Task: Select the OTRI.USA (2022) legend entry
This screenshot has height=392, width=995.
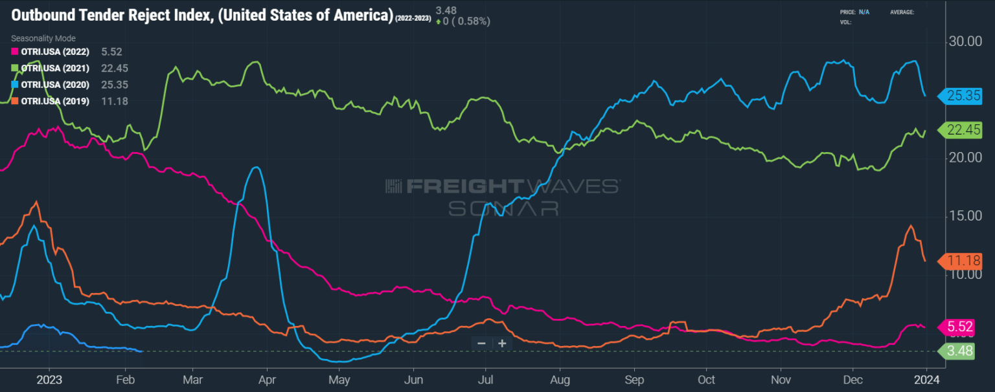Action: pos(55,51)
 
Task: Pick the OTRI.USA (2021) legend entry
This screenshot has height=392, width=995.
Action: pos(55,68)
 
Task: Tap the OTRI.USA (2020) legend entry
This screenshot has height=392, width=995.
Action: pos(55,85)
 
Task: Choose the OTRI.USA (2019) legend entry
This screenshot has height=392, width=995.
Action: pos(55,102)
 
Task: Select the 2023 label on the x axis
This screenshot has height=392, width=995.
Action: pos(49,380)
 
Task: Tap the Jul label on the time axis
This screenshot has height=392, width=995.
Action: pos(486,380)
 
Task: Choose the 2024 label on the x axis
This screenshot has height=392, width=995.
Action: pos(926,380)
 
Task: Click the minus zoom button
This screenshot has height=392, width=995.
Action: pos(481,343)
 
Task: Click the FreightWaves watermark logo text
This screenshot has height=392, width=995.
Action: pos(502,186)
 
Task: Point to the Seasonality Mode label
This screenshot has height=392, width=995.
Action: pos(43,39)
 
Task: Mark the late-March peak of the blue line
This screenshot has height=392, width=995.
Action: pos(257,168)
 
